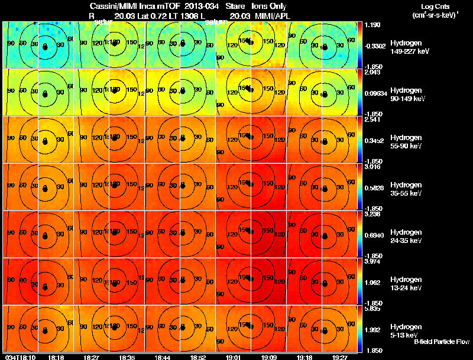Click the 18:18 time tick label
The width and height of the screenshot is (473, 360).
click(x=56, y=357)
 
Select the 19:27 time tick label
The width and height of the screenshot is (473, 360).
click(x=340, y=357)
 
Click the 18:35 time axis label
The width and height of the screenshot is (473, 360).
click(x=127, y=357)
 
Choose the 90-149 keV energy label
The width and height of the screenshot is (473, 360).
click(x=407, y=99)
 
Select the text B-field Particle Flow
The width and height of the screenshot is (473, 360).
click(x=442, y=342)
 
